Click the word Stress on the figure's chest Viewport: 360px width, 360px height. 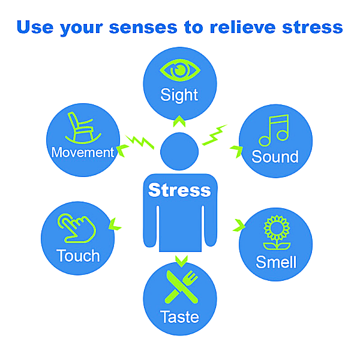coord(179,191)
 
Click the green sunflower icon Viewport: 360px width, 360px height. coord(274,236)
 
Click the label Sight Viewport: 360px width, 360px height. coord(179,95)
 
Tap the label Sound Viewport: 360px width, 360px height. coord(275,157)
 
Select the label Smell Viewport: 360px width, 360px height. coord(276,262)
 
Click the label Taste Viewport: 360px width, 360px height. coord(179,316)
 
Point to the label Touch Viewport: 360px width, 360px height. coord(78,256)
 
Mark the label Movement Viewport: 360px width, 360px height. coord(83,152)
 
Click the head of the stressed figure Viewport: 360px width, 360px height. coord(179,151)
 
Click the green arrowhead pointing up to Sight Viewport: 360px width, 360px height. coord(179,122)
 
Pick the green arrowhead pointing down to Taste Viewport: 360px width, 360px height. coord(181,260)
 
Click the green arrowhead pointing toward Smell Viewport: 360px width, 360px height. coord(239,226)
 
